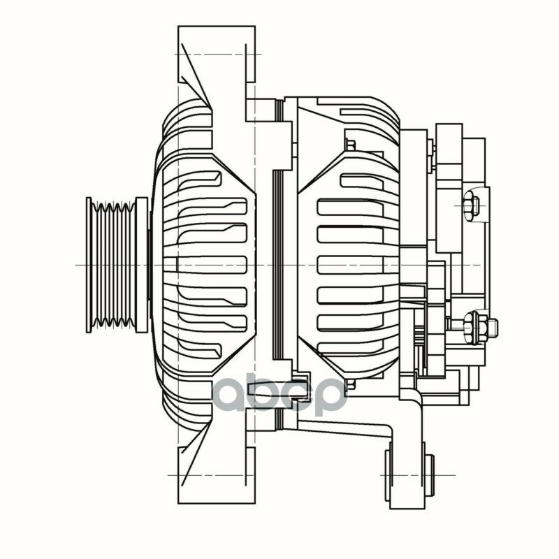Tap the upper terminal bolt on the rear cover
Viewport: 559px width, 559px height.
[472, 205]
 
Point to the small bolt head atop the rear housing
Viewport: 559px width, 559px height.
[351, 145]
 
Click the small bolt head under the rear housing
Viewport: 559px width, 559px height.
[351, 384]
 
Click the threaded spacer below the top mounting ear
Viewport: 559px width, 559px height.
[266, 109]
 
